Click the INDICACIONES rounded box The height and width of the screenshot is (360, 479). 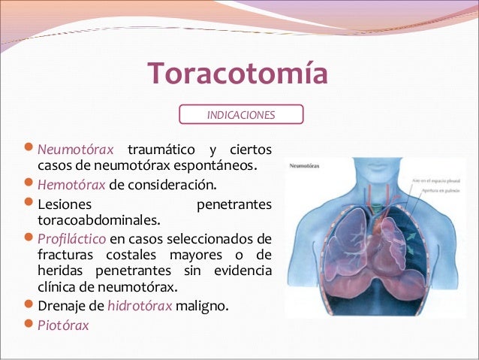coord(241,115)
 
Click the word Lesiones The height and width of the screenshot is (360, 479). coord(65,204)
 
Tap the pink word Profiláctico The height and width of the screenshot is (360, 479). coord(72,241)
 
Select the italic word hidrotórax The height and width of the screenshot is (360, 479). coord(140,307)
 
